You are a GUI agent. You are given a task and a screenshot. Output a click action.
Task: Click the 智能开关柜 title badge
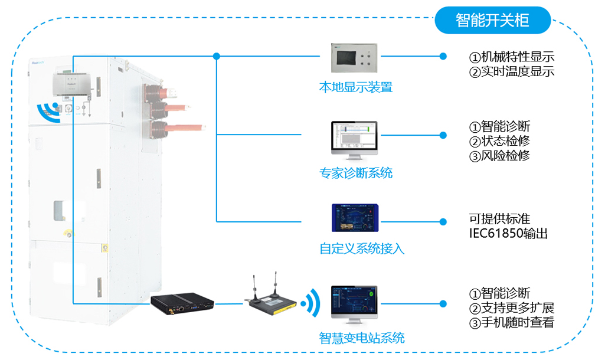coord(492,21)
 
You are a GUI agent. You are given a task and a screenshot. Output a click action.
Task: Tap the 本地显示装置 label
coord(356,88)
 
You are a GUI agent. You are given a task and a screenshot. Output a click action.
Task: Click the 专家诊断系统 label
coord(356,173)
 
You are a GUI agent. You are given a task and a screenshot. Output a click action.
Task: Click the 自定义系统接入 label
coord(362,248)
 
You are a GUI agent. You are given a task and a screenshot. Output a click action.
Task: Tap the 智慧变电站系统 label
coord(362,338)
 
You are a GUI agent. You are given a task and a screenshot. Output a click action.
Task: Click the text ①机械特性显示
coord(512,57)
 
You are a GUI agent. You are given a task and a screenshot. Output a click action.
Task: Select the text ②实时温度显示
coord(512,72)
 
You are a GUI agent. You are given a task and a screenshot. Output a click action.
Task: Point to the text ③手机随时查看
coord(512,323)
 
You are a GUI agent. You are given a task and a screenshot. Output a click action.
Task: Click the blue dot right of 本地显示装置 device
coord(443,57)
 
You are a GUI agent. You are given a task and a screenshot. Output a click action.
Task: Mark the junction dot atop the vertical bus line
coord(217,57)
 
